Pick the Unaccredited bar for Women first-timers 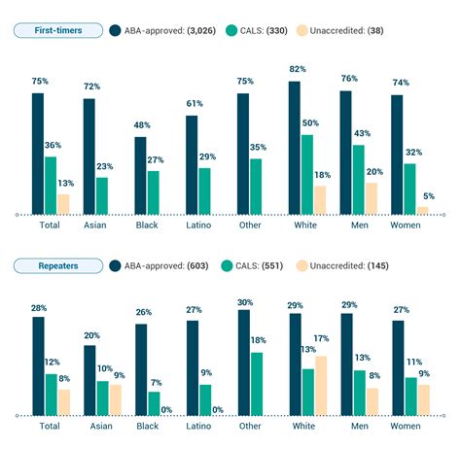(x=422, y=210)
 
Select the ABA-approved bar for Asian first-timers (x=89, y=156)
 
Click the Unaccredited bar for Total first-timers (x=63, y=204)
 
